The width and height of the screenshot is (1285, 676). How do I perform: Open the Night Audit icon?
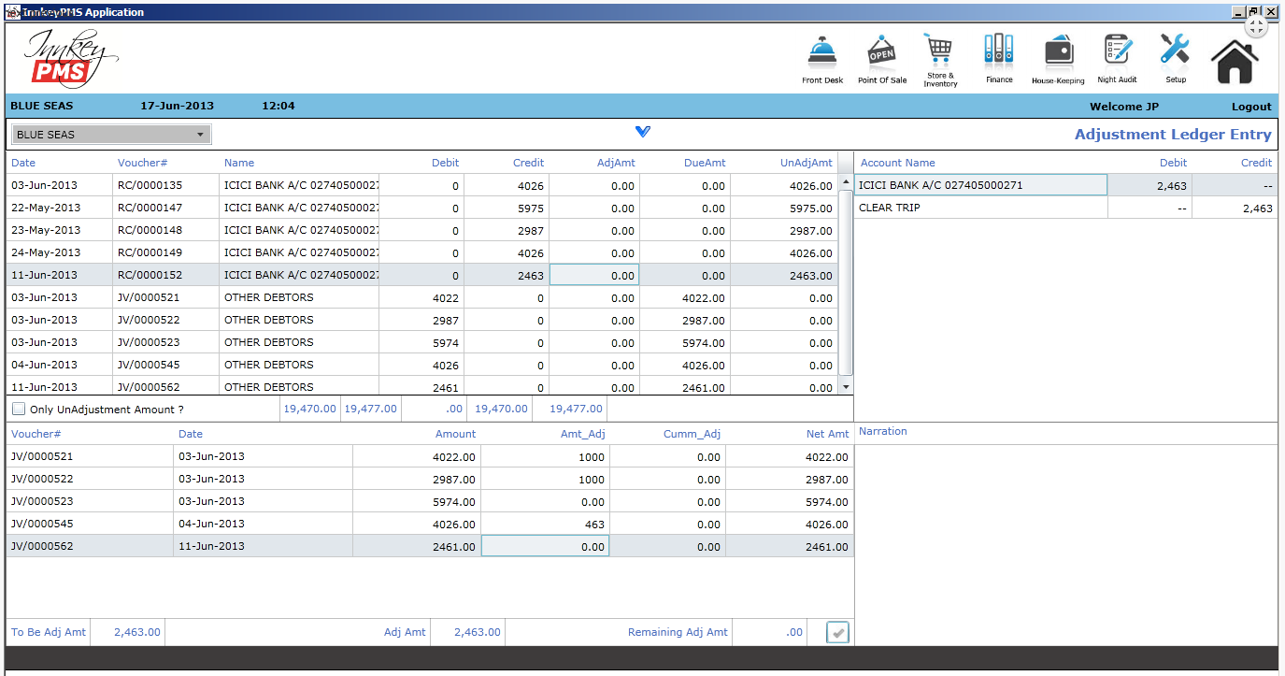tap(1117, 50)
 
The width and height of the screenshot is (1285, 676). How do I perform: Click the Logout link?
tap(1250, 107)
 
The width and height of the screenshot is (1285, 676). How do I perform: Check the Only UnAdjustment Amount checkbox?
tap(19, 409)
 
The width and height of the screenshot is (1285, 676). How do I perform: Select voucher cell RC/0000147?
tap(150, 208)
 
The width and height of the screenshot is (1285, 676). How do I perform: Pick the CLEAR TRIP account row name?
tap(890, 208)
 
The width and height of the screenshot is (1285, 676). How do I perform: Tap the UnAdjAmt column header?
tap(806, 163)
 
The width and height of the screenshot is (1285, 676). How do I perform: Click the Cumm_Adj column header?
tap(692, 434)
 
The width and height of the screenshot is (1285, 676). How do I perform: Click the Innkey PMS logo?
tap(70, 58)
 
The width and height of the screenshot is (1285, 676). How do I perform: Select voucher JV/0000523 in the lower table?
tap(42, 502)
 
